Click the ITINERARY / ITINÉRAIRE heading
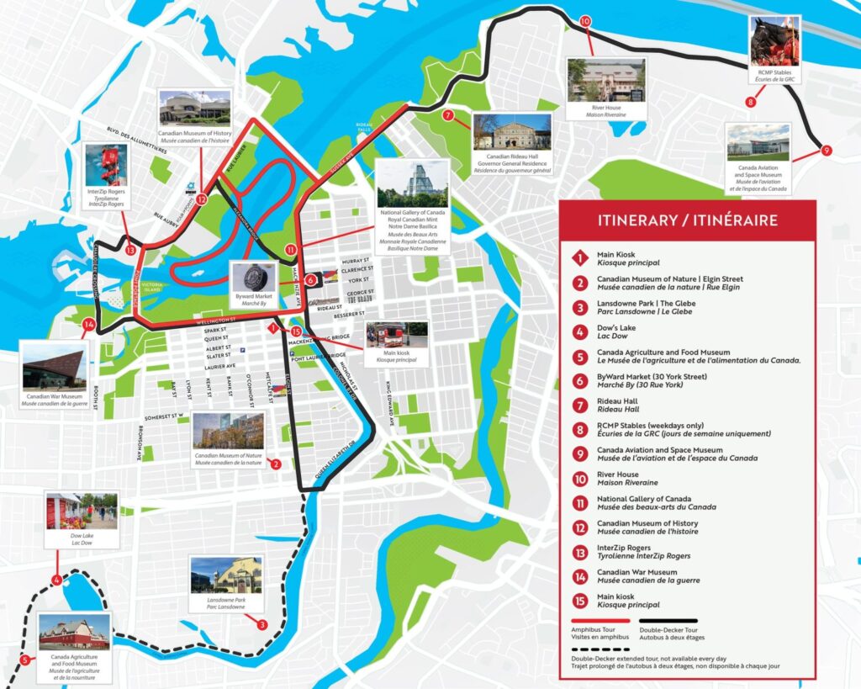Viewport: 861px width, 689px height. pyautogui.click(x=687, y=220)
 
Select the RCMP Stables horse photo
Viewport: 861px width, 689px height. pyautogui.click(x=774, y=42)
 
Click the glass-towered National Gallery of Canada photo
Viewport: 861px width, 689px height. pyautogui.click(x=412, y=183)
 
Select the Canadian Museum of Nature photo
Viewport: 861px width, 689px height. pyautogui.click(x=228, y=431)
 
